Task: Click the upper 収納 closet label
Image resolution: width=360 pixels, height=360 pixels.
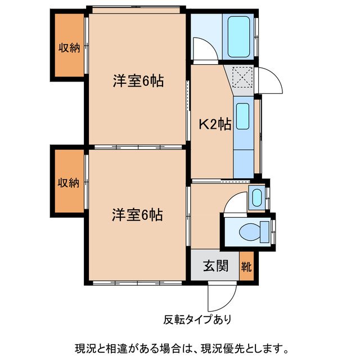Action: coord(69,48)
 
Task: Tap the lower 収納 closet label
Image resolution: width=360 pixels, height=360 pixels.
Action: coord(69,183)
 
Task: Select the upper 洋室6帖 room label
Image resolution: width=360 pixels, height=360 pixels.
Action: coord(138,82)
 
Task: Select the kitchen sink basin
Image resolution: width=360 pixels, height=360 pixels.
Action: coord(242,116)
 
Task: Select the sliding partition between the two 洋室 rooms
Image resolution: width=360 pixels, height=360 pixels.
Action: coord(137,147)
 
